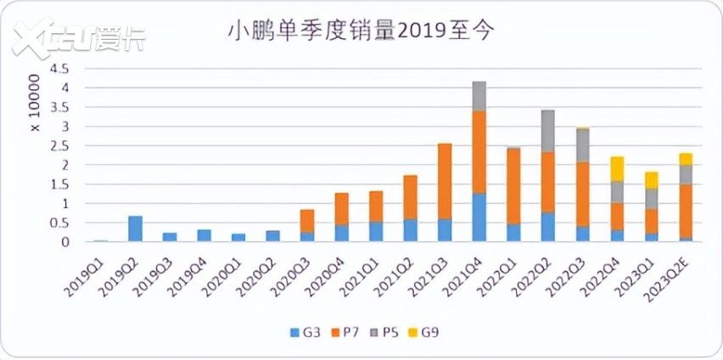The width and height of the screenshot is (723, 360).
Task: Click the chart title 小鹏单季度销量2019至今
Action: click(361, 31)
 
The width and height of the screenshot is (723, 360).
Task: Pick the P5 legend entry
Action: click(391, 332)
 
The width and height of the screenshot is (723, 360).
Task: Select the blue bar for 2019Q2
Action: click(134, 228)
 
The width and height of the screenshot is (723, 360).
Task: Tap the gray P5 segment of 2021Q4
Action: click(479, 96)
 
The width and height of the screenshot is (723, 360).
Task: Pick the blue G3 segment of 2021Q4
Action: click(479, 217)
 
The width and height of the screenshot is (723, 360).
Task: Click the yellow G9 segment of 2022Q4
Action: click(616, 169)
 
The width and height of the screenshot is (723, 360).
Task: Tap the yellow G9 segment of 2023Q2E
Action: click(685, 159)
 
